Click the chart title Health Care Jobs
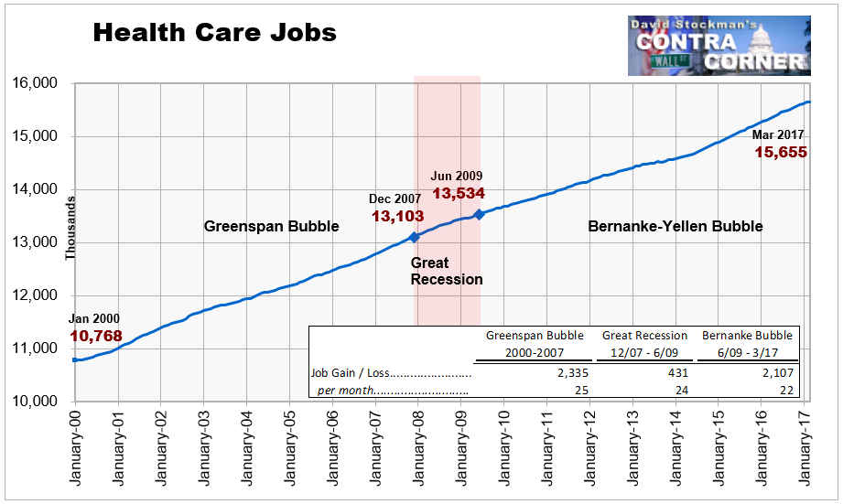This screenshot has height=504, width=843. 214,33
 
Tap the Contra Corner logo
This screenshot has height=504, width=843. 719,46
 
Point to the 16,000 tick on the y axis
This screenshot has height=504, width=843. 35,83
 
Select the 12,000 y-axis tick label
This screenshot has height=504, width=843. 35,295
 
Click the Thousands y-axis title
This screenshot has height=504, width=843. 70,229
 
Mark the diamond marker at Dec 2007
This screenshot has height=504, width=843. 414,237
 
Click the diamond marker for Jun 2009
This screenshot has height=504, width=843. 479,214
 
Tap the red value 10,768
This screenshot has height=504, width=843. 96,336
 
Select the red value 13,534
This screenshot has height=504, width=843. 459,193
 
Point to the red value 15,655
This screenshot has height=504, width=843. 781,152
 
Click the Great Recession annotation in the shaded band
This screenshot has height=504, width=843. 447,272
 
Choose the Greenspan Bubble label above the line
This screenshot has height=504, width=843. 272,226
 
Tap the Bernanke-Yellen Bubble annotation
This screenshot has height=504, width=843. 675,226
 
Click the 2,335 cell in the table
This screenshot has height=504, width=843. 573,373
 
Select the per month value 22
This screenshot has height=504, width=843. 786,390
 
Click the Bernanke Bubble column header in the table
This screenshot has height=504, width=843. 747,336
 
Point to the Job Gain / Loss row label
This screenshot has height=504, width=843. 350,373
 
